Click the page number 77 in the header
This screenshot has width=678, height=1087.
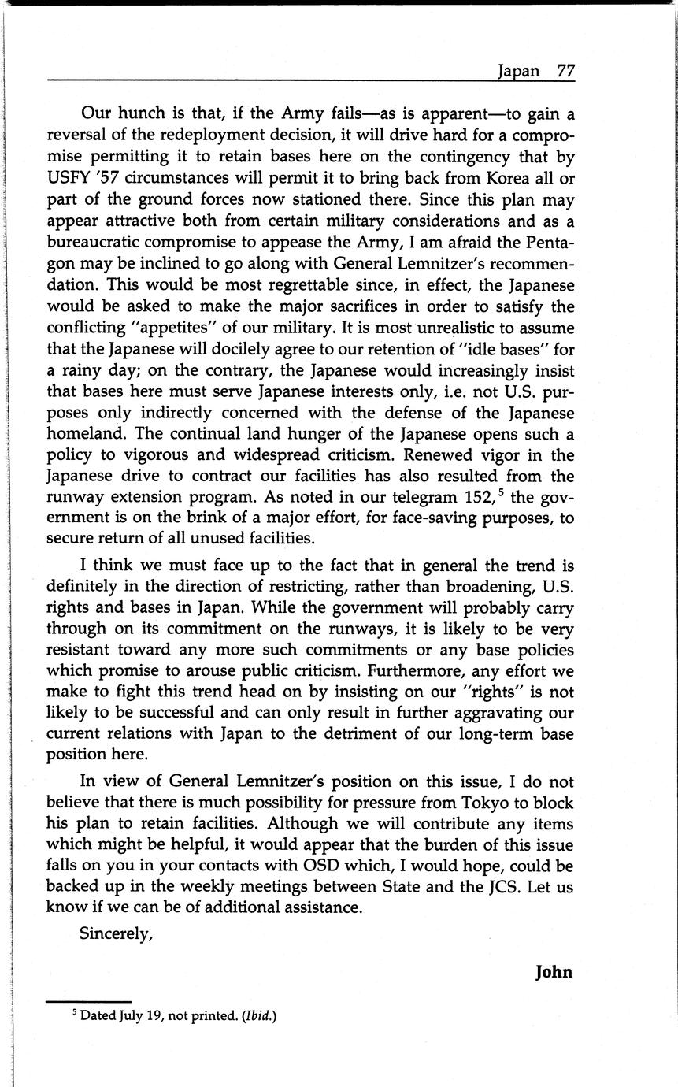[565, 70]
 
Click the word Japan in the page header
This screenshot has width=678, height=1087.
[518, 71]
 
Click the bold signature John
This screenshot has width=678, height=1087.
[554, 972]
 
